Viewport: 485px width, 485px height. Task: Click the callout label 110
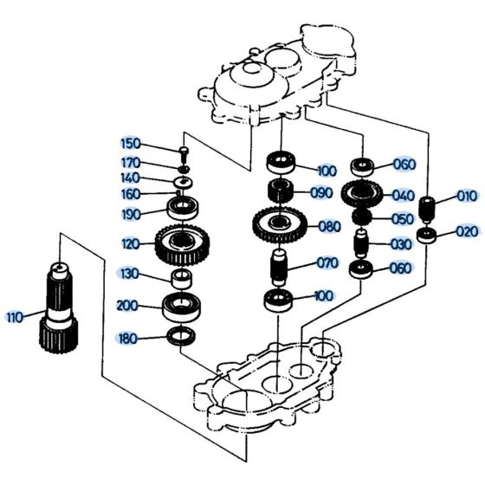[14, 317]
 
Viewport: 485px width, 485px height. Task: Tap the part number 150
[129, 143]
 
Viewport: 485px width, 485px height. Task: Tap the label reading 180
[129, 337]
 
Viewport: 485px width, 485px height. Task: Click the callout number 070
[326, 262]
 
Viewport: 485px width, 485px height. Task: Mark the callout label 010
[467, 197]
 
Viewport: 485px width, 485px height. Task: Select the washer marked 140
[184, 180]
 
